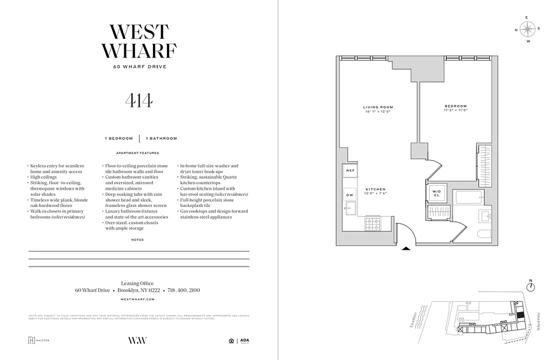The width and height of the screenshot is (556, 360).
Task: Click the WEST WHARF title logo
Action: (x=139, y=41)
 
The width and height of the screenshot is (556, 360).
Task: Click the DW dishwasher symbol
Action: (x=350, y=194)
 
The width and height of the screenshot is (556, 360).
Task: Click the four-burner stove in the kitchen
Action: (x=373, y=224)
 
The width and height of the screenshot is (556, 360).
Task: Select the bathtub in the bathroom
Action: (x=469, y=197)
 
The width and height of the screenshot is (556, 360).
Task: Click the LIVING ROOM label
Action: (x=378, y=107)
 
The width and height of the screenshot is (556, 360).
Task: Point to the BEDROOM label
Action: (x=456, y=106)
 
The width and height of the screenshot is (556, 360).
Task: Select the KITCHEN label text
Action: (x=375, y=189)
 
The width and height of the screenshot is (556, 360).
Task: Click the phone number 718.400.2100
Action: (x=184, y=290)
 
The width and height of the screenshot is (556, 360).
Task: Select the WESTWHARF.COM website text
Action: (x=138, y=299)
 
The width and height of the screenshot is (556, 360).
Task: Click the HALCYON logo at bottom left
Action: (x=39, y=340)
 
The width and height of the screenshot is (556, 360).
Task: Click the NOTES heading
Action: (x=138, y=240)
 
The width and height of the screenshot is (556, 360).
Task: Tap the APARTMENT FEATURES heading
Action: (x=138, y=153)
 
